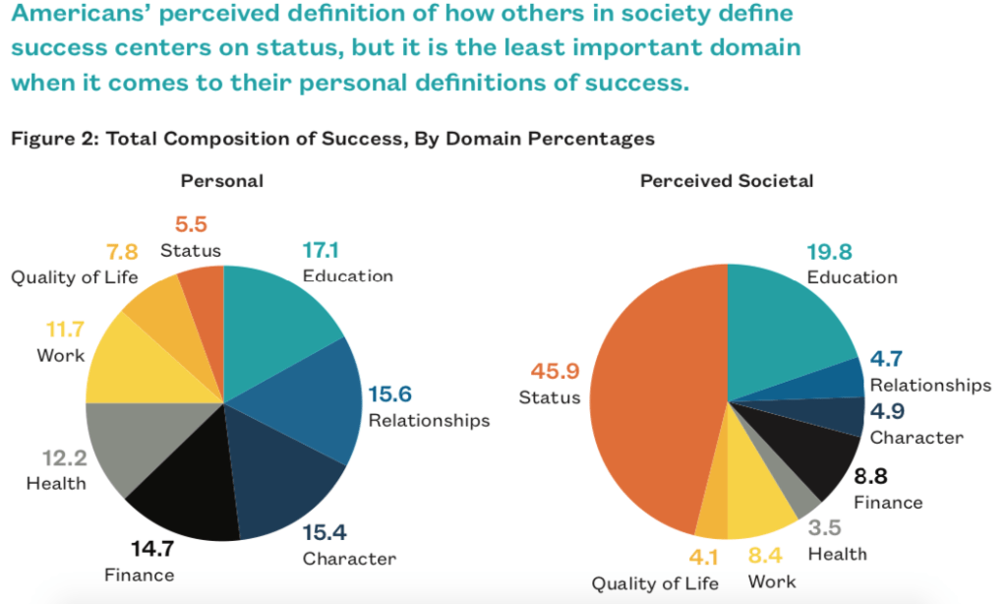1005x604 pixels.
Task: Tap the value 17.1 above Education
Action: click(x=325, y=251)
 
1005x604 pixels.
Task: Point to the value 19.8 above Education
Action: click(x=830, y=253)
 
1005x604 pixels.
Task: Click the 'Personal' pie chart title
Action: click(x=221, y=181)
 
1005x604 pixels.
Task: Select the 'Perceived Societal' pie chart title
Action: click(x=726, y=181)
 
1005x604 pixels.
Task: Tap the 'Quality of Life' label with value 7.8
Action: click(x=75, y=276)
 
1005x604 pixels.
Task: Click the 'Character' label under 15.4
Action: click(x=349, y=559)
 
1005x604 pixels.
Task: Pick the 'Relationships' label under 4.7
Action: click(x=930, y=385)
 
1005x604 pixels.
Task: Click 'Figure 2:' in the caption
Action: click(x=54, y=139)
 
